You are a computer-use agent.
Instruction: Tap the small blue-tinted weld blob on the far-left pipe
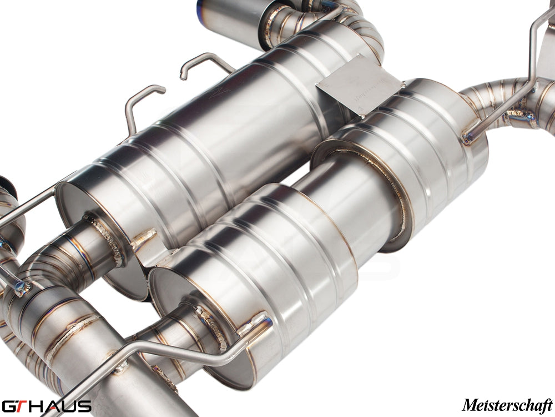pos(22,286)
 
